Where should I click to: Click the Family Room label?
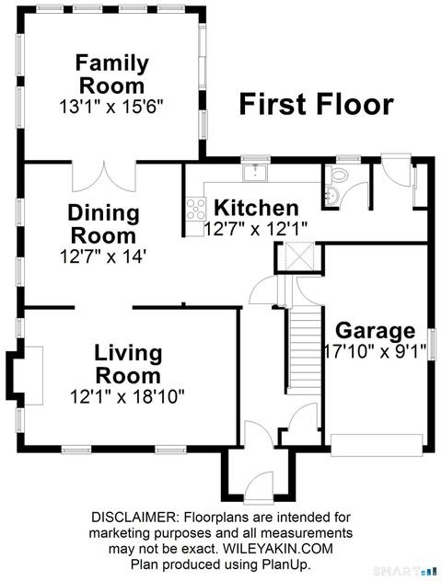(x=111, y=76)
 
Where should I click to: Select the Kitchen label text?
(x=256, y=208)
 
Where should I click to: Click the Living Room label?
(x=129, y=363)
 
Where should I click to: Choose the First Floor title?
(x=317, y=103)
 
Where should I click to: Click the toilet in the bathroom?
(x=336, y=177)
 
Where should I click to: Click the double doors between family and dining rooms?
(x=105, y=173)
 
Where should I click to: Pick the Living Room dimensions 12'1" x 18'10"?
(x=128, y=397)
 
